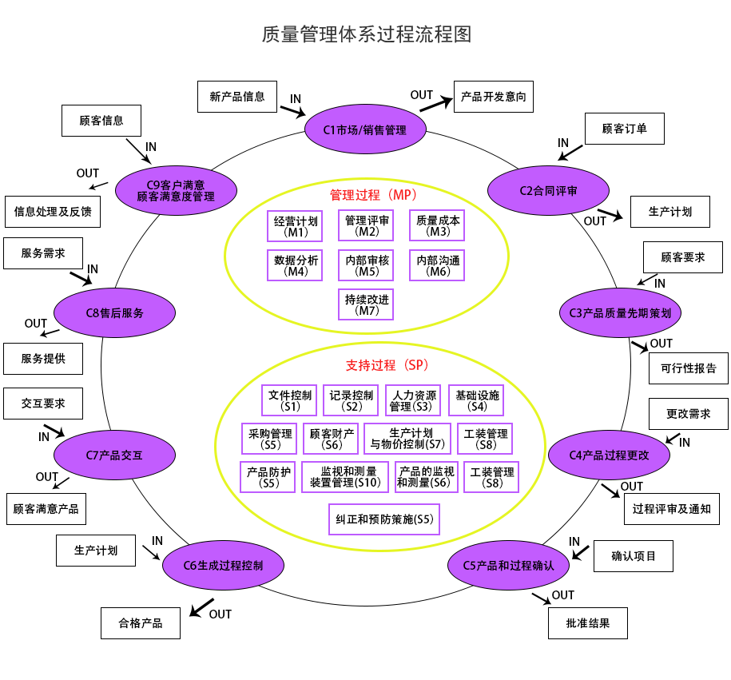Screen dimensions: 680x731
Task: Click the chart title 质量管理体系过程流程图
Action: [366, 34]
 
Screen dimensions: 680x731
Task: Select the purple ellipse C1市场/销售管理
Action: [365, 129]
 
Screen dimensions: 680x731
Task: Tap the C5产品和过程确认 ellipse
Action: [508, 565]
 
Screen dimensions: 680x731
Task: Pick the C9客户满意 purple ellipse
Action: [176, 190]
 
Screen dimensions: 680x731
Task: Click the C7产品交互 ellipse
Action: [114, 455]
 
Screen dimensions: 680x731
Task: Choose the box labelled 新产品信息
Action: [237, 97]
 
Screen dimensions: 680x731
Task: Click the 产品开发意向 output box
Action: [493, 97]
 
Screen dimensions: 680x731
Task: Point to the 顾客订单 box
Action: [625, 128]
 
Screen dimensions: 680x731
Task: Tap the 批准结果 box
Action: [588, 623]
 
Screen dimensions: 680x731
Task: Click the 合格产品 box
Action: [141, 623]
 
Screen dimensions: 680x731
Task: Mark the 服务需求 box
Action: [43, 253]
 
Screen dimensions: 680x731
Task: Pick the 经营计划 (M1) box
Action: [296, 226]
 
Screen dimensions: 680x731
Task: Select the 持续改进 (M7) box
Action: [367, 304]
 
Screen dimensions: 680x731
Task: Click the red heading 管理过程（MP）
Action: [373, 194]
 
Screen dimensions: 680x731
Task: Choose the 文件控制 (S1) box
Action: [290, 400]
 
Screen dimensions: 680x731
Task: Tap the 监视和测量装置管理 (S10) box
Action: [345, 476]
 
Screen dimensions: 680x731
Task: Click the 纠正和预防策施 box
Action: [384, 519]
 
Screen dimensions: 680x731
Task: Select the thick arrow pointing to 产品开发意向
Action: [435, 102]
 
